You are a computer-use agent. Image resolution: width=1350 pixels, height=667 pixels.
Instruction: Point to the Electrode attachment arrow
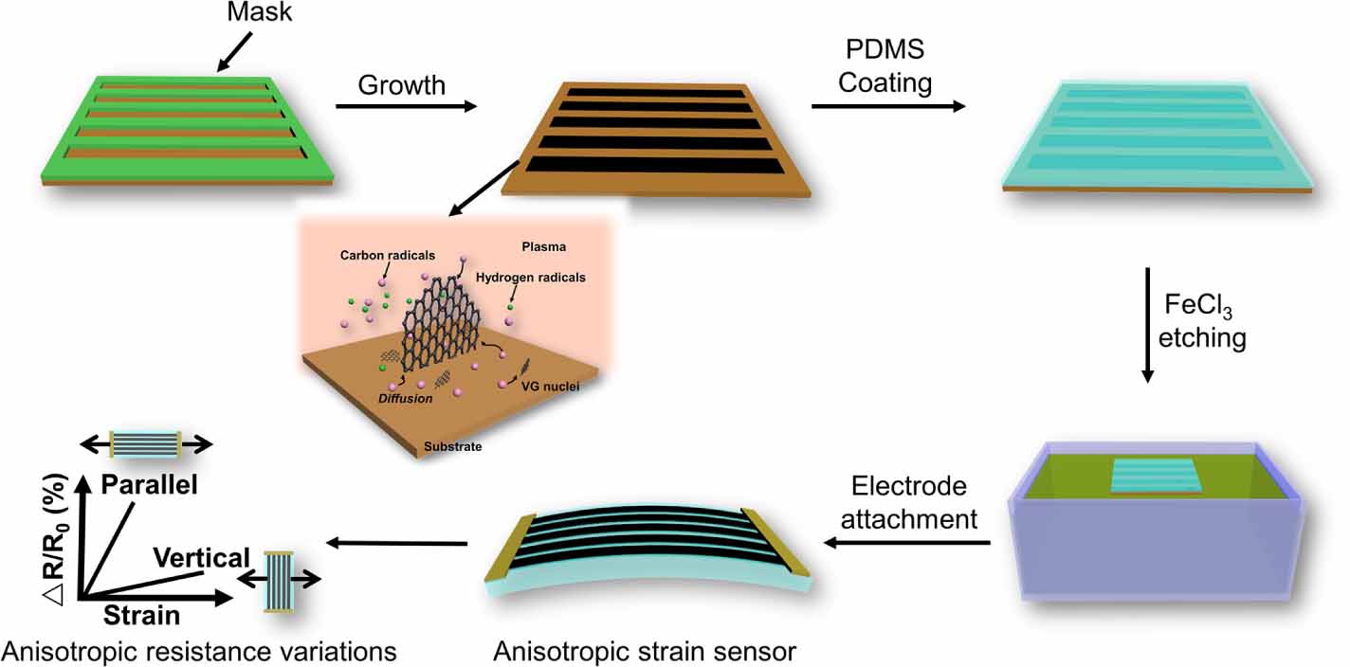(x=906, y=543)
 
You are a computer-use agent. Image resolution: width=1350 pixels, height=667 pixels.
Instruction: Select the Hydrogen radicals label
(x=532, y=278)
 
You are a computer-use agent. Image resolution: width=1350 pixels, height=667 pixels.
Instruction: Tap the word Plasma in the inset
(x=543, y=246)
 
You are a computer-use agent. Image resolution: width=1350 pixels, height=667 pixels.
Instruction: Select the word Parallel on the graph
(x=149, y=486)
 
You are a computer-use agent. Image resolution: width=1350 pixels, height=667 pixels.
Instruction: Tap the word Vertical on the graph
(x=200, y=558)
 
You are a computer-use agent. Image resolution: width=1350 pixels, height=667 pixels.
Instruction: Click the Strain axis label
(x=141, y=615)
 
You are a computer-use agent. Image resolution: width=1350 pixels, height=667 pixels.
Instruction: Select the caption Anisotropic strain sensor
(x=645, y=652)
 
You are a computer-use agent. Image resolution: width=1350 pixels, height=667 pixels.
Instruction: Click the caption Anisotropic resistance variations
(x=199, y=652)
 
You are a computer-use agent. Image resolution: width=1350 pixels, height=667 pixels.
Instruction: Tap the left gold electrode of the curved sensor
(x=501, y=553)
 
